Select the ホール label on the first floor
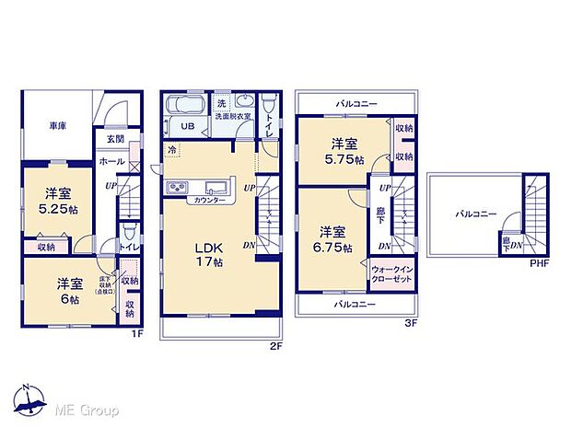click(x=112, y=160)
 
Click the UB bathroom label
click(x=187, y=127)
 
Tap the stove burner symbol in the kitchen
click(x=176, y=189)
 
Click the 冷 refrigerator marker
click(x=172, y=148)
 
